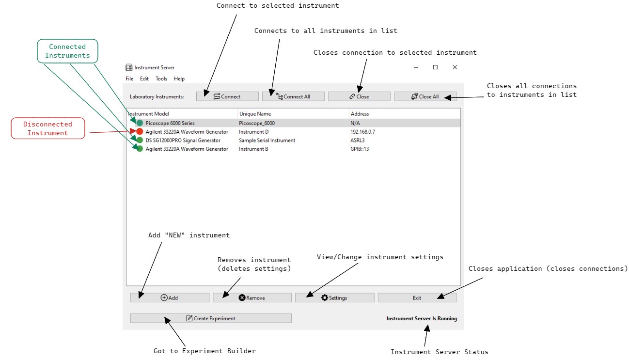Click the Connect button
[227, 96]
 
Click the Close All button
[425, 96]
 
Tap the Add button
[170, 297]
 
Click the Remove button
[252, 297]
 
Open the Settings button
[334, 297]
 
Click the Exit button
[417, 297]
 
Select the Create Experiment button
[211, 318]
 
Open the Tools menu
[161, 78]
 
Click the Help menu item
[179, 78]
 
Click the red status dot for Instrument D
[140, 132]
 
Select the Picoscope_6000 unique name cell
[257, 123]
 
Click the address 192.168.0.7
[362, 132]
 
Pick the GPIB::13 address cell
[360, 149]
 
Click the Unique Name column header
[255, 114]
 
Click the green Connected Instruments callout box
[67, 51]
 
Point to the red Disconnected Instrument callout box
[47, 128]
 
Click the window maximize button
[435, 67]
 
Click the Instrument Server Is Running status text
[421, 318]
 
